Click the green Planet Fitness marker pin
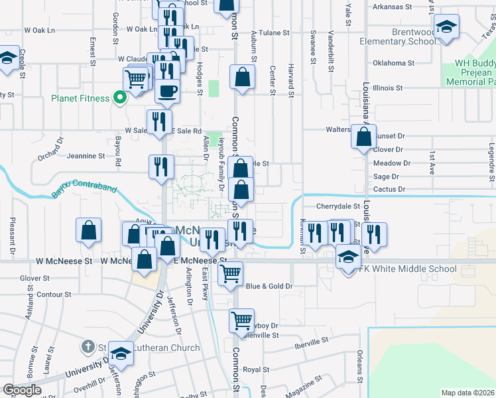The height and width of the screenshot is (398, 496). pos(120,98)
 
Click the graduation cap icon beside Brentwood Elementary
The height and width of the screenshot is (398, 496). pos(447,27)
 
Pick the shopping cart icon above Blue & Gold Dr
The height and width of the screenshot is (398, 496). pos(230,272)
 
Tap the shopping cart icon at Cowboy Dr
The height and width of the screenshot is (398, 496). pos(241,320)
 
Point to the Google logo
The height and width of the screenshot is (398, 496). pos(22,389)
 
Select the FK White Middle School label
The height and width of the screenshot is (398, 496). pos(407,269)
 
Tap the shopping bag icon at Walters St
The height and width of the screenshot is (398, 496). pos(364,137)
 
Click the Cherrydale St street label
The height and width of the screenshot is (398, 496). pos(338,206)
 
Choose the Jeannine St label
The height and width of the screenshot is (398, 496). pos(86,157)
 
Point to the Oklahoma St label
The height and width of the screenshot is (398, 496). pos(393,63)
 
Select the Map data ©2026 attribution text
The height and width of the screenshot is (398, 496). pos(467,393)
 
